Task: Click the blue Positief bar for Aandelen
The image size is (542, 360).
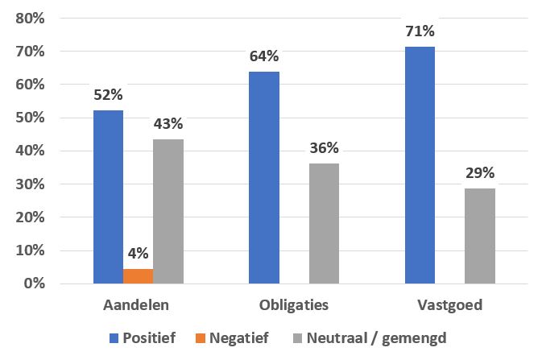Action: tap(108, 197)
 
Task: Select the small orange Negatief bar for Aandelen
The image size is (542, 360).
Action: tap(138, 276)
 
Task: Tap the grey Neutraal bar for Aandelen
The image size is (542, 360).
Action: tap(168, 212)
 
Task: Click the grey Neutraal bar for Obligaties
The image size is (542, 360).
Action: tap(324, 223)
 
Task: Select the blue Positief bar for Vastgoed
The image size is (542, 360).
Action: tap(420, 165)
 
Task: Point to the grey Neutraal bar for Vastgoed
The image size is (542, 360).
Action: tap(480, 235)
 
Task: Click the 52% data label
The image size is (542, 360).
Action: tap(108, 95)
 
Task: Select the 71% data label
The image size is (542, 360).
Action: tap(420, 31)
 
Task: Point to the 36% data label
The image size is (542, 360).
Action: tap(324, 147)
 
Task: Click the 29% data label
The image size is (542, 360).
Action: tap(480, 172)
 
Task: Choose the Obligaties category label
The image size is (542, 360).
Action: tap(294, 306)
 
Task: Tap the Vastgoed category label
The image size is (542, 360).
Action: tap(449, 306)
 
